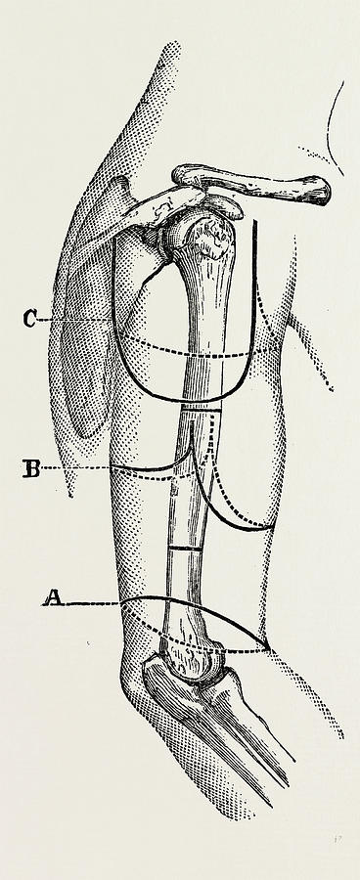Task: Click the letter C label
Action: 31,318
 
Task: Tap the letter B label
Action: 31,469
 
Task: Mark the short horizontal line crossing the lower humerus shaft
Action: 183,550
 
